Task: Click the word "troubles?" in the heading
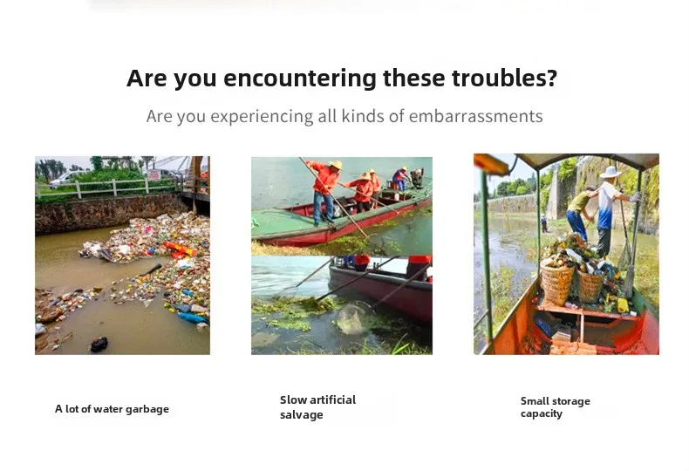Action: (504, 78)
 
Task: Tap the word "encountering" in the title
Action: (300, 78)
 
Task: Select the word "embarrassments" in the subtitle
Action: (476, 116)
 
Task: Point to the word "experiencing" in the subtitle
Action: (262, 117)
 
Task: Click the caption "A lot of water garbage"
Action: (112, 409)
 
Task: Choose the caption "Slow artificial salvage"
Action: (317, 407)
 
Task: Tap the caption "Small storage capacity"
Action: (555, 407)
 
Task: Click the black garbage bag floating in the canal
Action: (99, 344)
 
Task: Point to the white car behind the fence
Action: (66, 178)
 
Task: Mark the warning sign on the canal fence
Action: (153, 174)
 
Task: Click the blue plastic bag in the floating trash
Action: (193, 317)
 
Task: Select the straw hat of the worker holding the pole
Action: (336, 165)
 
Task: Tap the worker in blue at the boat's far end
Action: (399, 179)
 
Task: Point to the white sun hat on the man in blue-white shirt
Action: (611, 172)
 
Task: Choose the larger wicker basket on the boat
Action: (556, 282)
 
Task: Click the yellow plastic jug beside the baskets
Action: (623, 305)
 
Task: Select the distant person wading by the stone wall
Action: (544, 223)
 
